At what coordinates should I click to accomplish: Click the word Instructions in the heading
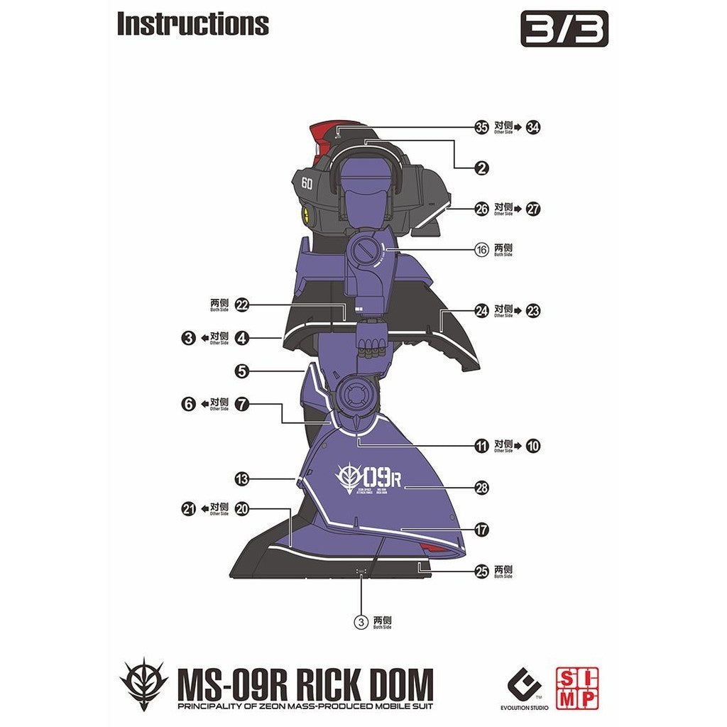tap(192, 23)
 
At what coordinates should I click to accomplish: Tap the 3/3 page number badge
tap(564, 31)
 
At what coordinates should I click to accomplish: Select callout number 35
tap(482, 128)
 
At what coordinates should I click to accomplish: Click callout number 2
tap(482, 168)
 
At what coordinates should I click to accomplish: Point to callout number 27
tap(534, 209)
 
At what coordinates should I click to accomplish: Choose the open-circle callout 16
tap(482, 250)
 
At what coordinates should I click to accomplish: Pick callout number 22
tap(242, 305)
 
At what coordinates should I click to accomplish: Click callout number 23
tap(534, 310)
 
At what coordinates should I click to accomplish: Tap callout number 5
tap(242, 371)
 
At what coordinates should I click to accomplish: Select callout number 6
tap(188, 405)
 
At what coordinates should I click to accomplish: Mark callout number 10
tap(534, 446)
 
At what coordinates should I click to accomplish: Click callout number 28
tap(482, 488)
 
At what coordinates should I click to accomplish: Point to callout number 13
tap(242, 480)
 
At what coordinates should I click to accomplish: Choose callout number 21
tap(188, 509)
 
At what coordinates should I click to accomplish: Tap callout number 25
tap(482, 572)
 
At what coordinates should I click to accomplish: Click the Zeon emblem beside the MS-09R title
tap(143, 684)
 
